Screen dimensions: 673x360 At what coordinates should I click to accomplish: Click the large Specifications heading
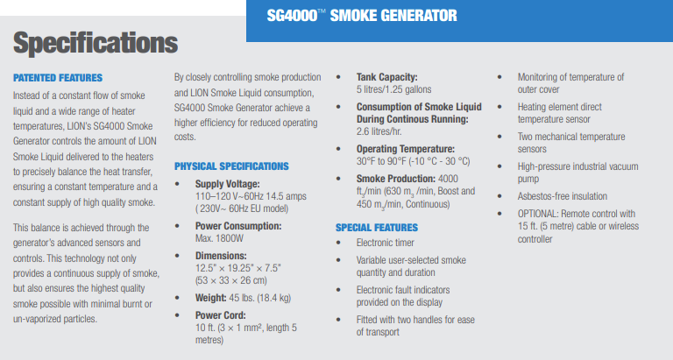point(96,43)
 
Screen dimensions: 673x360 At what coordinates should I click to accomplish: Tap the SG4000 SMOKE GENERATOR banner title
point(362,16)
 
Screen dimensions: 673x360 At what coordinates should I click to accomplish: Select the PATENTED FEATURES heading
point(58,78)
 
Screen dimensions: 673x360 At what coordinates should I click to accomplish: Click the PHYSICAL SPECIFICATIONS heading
point(231,166)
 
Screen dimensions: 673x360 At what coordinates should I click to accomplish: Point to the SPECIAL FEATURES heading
point(377,228)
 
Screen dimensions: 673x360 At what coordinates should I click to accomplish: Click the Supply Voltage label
point(228,184)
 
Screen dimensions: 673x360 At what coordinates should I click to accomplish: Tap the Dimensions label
point(221,256)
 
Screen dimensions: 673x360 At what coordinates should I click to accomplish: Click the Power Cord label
point(221,315)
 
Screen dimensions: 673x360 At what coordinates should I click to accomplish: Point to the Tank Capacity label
point(386,77)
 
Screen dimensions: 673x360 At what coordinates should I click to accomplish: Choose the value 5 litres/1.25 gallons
point(393,89)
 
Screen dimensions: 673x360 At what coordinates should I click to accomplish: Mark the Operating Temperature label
point(405,149)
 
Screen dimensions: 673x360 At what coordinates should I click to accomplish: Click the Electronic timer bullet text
point(385,243)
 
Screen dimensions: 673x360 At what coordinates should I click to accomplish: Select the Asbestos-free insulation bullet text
point(563,196)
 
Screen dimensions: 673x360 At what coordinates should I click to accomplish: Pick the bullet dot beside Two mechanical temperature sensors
point(499,137)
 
